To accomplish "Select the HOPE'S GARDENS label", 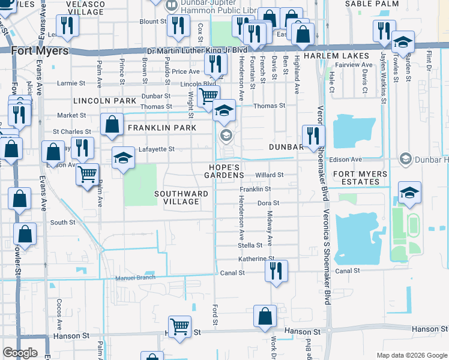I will (x=226, y=171).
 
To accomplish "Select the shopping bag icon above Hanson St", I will (x=265, y=316).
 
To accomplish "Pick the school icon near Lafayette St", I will (x=123, y=158).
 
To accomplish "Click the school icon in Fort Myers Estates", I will (x=409, y=192).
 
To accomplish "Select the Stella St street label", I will (x=250, y=245).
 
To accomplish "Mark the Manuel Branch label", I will (x=135, y=277).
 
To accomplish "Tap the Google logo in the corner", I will (x=20, y=353).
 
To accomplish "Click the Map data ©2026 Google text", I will (x=411, y=355).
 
